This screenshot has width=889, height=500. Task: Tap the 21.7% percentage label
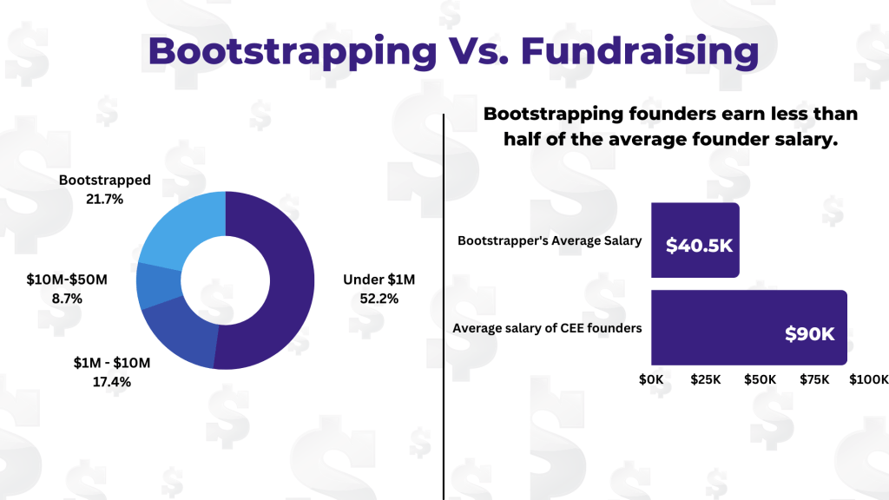click(104, 199)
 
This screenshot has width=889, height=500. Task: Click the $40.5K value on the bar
click(699, 246)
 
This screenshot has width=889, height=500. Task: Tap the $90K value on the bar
click(809, 333)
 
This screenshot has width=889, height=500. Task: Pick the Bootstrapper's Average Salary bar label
click(550, 240)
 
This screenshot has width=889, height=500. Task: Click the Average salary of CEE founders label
click(547, 327)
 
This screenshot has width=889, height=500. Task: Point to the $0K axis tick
click(651, 379)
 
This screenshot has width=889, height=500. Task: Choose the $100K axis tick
click(868, 379)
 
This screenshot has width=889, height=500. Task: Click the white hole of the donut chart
click(225, 280)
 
